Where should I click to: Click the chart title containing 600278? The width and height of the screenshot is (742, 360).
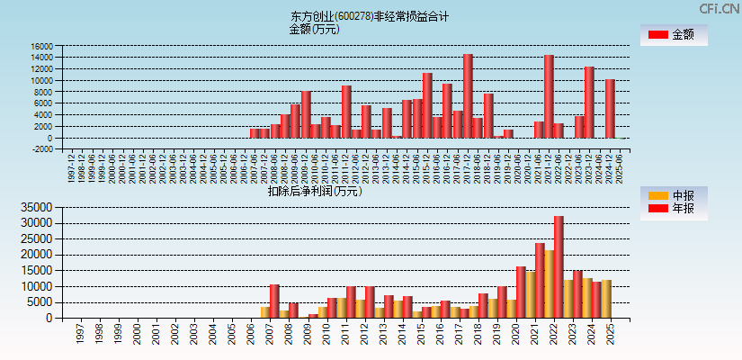pos(370,16)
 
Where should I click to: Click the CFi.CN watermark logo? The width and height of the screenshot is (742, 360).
pos(719,9)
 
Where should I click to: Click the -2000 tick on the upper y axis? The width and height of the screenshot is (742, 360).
pos(41,149)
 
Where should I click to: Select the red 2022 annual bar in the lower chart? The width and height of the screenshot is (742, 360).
pos(559,266)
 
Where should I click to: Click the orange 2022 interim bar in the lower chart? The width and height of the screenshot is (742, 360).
pos(549,283)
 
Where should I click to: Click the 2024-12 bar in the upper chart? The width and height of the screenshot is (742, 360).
pos(610,108)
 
